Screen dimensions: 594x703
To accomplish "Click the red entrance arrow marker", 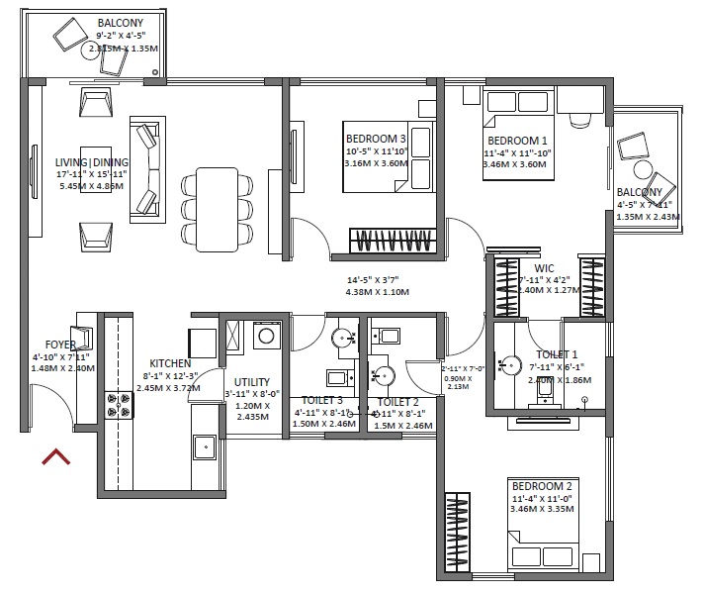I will pyautogui.click(x=55, y=456).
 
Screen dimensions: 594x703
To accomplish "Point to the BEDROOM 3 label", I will pyautogui.click(x=376, y=138).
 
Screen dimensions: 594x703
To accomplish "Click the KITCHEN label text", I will pyautogui.click(x=170, y=363).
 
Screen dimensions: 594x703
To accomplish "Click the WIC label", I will pyautogui.click(x=544, y=268).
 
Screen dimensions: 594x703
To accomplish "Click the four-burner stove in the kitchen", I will pyautogui.click(x=119, y=404).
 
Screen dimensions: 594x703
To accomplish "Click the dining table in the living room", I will pyautogui.click(x=217, y=208).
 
